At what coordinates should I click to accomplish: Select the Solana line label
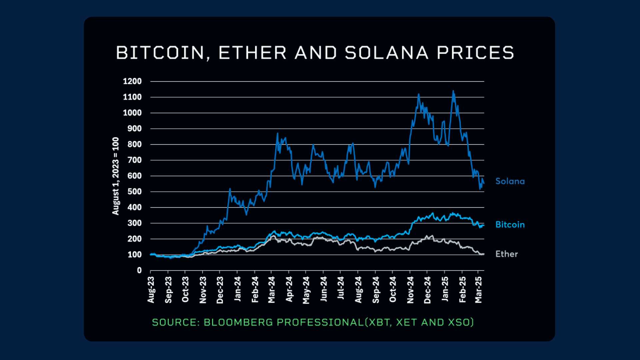click(510, 181)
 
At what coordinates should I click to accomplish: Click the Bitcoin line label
click(510, 225)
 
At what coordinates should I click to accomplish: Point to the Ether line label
click(506, 254)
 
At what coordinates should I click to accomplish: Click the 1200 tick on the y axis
click(132, 81)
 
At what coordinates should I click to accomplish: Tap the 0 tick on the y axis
click(139, 270)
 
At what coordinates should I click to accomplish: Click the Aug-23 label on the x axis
click(151, 290)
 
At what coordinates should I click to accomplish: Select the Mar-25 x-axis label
click(479, 290)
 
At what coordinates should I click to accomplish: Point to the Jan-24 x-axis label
click(237, 289)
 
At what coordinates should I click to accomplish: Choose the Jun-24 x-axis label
click(324, 289)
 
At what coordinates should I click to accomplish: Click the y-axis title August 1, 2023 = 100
click(115, 176)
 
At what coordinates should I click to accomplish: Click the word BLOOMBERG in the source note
click(238, 322)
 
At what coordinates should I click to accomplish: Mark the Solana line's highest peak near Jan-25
click(453, 91)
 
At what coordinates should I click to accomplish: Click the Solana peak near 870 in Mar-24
click(277, 133)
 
